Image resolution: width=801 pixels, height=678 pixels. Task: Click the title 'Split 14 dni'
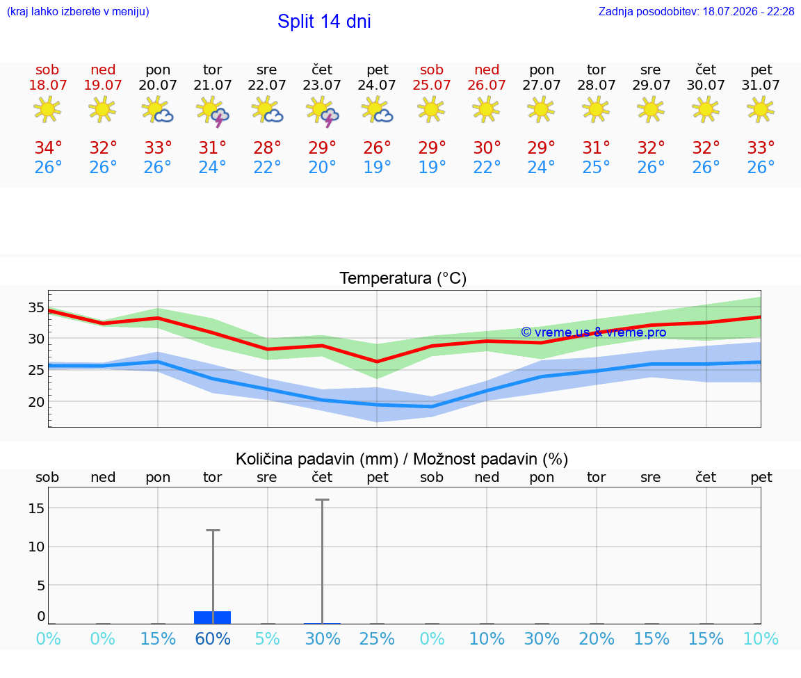(x=324, y=22)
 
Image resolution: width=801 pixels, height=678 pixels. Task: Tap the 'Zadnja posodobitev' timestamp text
(x=696, y=11)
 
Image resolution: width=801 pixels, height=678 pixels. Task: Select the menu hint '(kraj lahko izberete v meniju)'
(x=78, y=11)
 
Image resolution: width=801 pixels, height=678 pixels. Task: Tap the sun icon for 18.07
(x=47, y=109)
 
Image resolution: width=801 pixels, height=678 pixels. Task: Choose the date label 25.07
(x=432, y=85)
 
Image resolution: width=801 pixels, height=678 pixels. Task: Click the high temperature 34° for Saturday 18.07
(x=48, y=147)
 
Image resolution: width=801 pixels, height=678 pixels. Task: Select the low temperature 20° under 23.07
(x=322, y=167)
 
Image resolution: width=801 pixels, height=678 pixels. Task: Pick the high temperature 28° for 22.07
(x=267, y=147)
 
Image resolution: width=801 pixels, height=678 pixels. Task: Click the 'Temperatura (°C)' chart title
(x=403, y=278)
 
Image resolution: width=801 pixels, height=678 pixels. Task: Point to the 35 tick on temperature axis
(x=35, y=307)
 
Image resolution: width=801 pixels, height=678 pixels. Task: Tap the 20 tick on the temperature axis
(x=35, y=402)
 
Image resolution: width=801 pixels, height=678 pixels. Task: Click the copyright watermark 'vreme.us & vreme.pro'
(x=594, y=332)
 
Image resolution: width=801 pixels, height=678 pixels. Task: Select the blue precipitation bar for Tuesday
(x=213, y=618)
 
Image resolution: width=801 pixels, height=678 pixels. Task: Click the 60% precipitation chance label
(x=213, y=638)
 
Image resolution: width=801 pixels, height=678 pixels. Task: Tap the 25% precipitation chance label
(x=377, y=638)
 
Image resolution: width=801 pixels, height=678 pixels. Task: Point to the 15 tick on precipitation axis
(x=35, y=508)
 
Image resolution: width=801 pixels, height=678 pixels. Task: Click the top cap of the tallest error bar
(x=323, y=500)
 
